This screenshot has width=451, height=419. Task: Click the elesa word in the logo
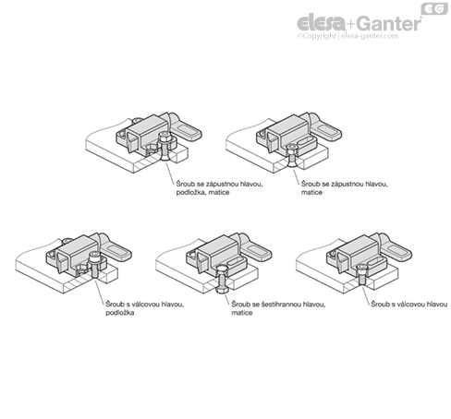[x=322, y=23]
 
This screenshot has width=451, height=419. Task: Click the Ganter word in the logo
[x=390, y=23]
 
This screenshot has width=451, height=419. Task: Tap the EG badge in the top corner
[x=434, y=8]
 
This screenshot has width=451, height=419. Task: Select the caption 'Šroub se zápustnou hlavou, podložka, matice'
[x=219, y=188]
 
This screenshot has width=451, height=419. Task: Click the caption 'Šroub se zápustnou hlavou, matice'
[x=345, y=188]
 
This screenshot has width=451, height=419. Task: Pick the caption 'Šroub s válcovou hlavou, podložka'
[x=145, y=308]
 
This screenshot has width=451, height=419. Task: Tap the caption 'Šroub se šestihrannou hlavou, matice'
[x=278, y=308]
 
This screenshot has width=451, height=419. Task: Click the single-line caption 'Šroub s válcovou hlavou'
[x=409, y=305]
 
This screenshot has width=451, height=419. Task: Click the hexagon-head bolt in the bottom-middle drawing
[x=221, y=280]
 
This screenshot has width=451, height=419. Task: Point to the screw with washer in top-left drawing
[x=165, y=147]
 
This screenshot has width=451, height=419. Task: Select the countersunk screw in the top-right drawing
[x=290, y=156]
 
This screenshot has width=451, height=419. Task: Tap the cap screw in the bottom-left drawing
[x=93, y=265]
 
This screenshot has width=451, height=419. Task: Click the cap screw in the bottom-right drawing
[x=361, y=275]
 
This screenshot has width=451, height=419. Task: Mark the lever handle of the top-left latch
[x=186, y=128]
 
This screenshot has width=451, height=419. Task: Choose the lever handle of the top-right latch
[x=325, y=128]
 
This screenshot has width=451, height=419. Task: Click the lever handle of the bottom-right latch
[x=396, y=248]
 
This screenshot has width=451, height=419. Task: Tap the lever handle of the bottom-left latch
[x=116, y=248]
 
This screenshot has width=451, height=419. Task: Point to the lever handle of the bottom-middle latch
[x=255, y=248]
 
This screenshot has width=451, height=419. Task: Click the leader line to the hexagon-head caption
[x=227, y=299]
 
